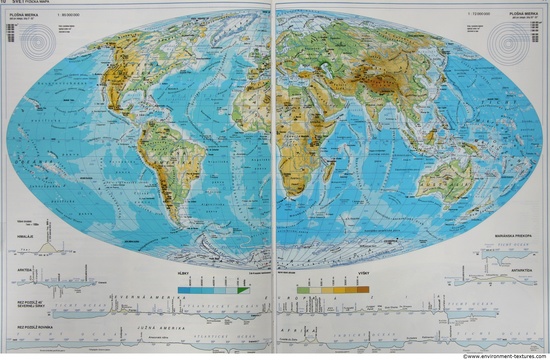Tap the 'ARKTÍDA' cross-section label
pyautogui.click(x=19, y=270)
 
